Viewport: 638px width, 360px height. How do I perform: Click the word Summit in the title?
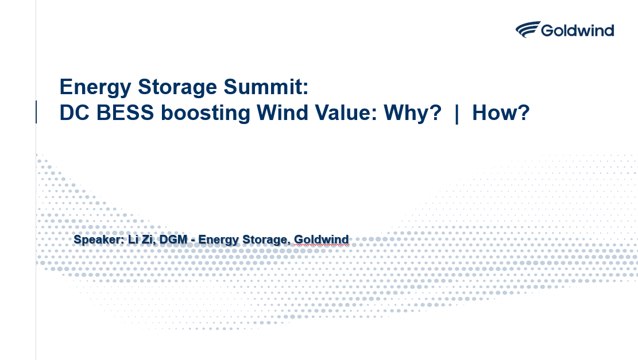[x=266, y=87]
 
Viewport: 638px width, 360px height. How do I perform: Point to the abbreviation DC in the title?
[x=75, y=113]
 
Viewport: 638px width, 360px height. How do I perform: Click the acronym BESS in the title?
[x=125, y=113]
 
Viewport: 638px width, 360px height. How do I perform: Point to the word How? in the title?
[x=501, y=113]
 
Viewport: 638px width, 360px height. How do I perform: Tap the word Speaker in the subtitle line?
[x=98, y=239]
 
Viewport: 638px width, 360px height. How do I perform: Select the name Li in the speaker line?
[x=133, y=239]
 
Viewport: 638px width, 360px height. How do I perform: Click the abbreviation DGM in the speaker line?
[x=173, y=239]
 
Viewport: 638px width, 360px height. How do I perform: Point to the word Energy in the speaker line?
[x=218, y=240]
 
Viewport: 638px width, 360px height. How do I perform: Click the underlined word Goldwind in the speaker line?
[x=322, y=239]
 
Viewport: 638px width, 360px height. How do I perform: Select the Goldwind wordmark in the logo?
[x=577, y=30]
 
